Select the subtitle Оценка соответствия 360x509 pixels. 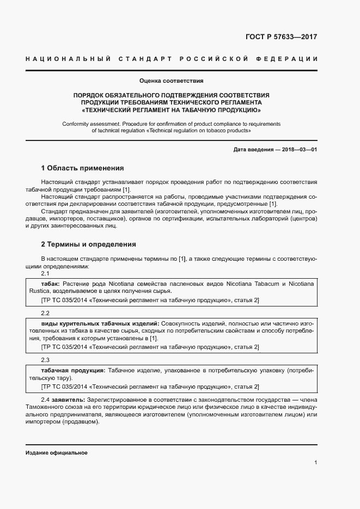[171, 81]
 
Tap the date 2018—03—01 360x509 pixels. [298, 149]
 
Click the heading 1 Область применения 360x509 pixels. [82, 168]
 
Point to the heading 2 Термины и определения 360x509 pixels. [88, 244]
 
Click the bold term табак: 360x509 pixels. [51, 284]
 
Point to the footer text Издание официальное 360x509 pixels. [57, 453]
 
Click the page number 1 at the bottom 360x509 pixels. [316, 462]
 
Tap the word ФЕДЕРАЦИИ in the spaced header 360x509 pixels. [291, 58]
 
